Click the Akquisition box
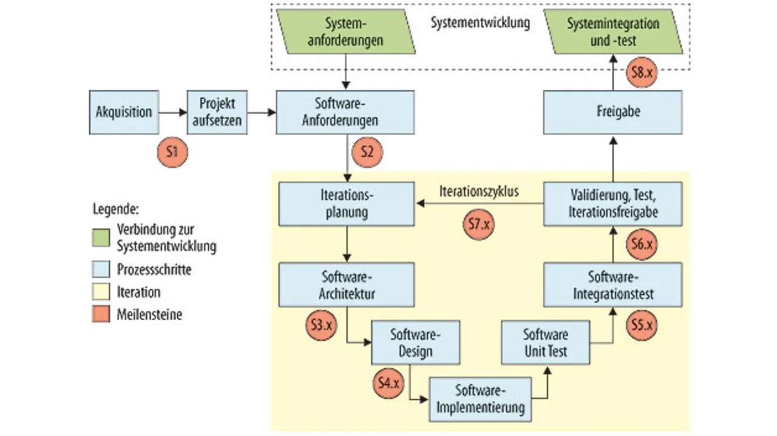124,112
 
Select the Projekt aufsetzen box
217,112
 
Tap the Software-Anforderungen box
345,112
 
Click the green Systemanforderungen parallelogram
345,33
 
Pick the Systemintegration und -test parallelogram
613,33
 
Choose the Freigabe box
612,112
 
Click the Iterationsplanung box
347,204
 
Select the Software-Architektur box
347,285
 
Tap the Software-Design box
416,343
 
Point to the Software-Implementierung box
480,399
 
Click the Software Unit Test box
546,343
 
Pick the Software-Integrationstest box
612,285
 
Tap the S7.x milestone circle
479,224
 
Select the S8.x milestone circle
642,73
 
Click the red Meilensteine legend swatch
101,315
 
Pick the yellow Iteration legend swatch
101,292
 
